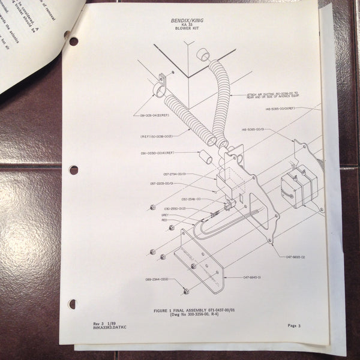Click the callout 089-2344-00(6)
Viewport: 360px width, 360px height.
[156, 280]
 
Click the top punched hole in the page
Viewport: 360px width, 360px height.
[73, 41]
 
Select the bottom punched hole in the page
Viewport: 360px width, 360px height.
[73, 304]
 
